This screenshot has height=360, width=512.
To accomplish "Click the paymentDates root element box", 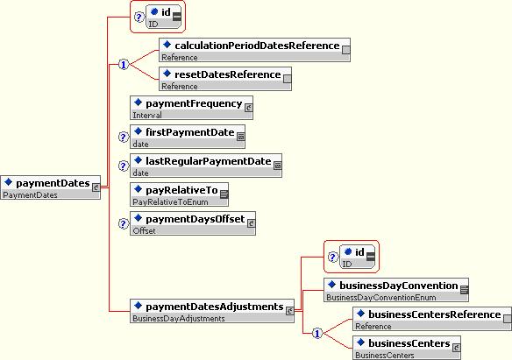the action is pos(51,187).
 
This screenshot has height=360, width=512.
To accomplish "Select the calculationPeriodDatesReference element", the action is pos(255,50).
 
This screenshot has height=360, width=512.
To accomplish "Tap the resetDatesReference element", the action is pos(225,79).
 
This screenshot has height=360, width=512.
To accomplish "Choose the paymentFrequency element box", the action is pos(191,108).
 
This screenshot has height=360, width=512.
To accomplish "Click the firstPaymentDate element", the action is pos(188,137).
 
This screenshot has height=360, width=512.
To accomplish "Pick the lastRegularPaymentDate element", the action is pos(206,166).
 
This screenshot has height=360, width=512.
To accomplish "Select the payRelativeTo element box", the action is pos(179,194).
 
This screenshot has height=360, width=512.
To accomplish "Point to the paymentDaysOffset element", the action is pos(193,223).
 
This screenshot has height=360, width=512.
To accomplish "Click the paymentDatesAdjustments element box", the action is pos(212,311).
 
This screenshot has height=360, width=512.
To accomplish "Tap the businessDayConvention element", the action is pos(396,290).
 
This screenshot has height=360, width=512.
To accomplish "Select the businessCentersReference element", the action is pos(432,319).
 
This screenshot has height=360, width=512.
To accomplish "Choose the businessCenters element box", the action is pos(407,348).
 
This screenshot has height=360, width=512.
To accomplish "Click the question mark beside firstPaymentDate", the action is pos(123,137).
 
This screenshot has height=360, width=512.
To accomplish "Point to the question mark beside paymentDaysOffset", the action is pos(123,223).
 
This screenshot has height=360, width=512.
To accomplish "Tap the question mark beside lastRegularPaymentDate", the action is pos(123,166).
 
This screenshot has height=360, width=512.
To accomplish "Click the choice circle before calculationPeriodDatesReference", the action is pos(124,65).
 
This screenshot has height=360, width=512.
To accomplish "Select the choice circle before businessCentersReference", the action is pos(317,333).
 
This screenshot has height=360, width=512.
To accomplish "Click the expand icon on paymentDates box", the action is pos(96,187).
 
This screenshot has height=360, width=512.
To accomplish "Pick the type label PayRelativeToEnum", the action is pos(170,202).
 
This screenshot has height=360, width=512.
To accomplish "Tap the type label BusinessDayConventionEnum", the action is pos(381,298).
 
